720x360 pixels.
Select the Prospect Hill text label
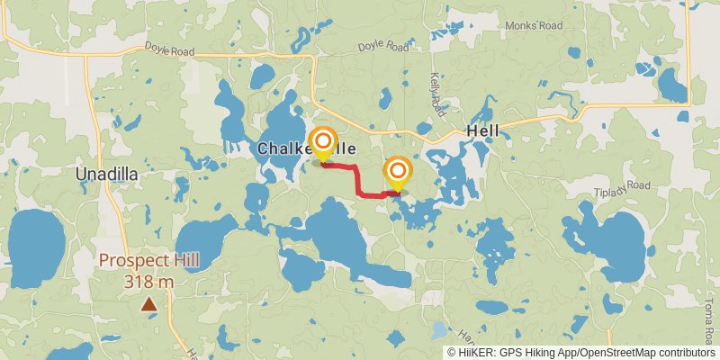(148, 261)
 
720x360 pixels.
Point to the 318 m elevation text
(148, 281)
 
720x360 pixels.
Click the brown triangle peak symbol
(148, 304)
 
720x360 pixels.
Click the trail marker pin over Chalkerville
(322, 143)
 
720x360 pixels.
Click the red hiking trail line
(360, 180)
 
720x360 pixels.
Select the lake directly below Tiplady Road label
(609, 243)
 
